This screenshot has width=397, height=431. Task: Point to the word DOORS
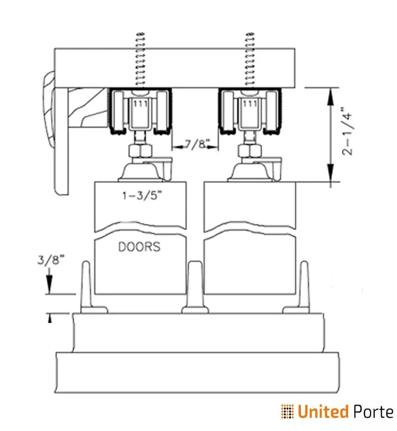pyautogui.click(x=139, y=247)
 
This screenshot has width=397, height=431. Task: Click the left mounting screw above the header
pyautogui.click(x=139, y=59)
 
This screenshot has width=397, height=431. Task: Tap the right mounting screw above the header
pyautogui.click(x=251, y=59)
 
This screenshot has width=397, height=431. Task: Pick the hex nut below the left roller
pyautogui.click(x=139, y=151)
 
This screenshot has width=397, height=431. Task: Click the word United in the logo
pyautogui.click(x=322, y=412)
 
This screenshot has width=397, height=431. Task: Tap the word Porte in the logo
pyautogui.click(x=372, y=412)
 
